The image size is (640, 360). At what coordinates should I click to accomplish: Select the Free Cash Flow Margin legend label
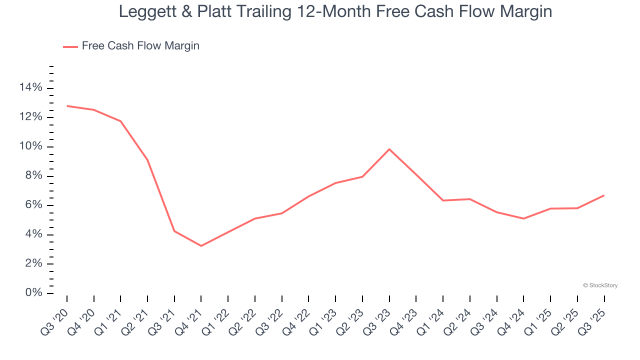point(140,46)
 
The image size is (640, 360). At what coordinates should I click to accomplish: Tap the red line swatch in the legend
point(70,46)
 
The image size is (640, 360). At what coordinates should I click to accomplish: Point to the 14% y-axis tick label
point(30,88)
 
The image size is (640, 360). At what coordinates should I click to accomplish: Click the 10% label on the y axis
point(30,146)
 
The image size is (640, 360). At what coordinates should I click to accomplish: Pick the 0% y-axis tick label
point(33,293)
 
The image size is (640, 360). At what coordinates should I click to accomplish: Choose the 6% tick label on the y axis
point(33,205)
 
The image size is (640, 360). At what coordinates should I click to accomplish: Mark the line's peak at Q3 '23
point(389,149)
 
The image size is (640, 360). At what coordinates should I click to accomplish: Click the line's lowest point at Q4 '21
point(201,246)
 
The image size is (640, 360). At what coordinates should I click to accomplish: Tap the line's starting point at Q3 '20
point(67,106)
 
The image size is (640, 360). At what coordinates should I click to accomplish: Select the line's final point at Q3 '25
point(604,195)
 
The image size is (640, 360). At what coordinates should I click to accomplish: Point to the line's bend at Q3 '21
point(174,231)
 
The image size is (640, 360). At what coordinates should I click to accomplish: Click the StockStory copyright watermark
point(600,285)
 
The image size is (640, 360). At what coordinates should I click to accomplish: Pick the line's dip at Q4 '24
point(523,218)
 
